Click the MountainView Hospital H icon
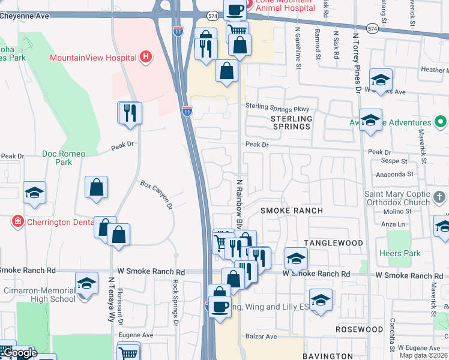click(145, 58)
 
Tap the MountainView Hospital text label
click(93, 58)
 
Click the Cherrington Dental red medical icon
click(18, 222)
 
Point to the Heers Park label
click(400, 254)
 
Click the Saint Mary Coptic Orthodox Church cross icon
click(439, 197)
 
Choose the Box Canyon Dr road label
click(156, 194)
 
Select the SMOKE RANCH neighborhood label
click(291, 211)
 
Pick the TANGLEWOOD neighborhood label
click(333, 243)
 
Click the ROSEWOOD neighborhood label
click(359, 329)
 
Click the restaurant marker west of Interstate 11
click(130, 112)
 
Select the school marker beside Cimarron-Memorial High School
click(86, 283)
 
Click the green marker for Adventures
click(441, 122)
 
